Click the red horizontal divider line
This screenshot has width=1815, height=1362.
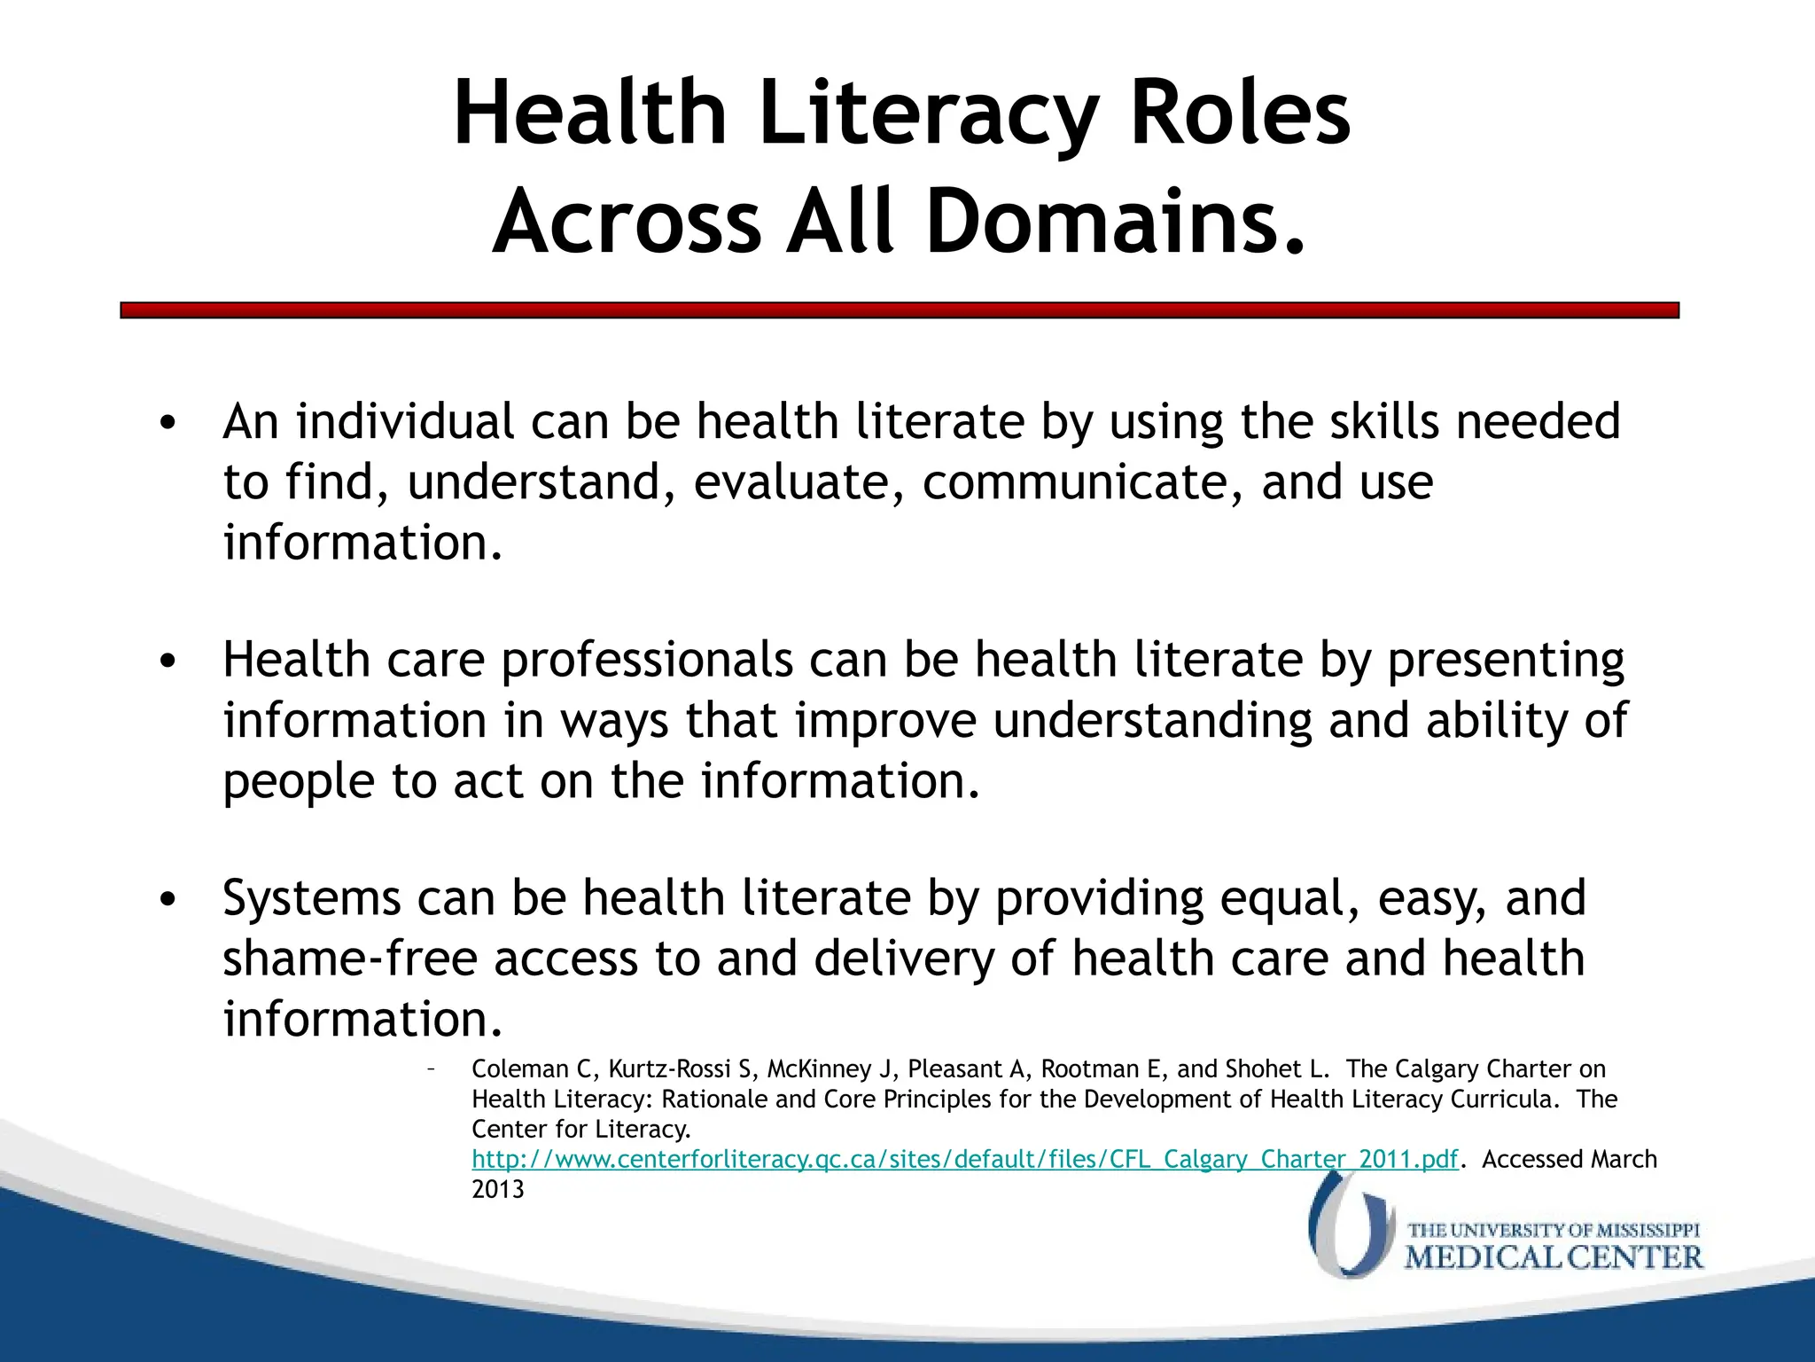(900, 310)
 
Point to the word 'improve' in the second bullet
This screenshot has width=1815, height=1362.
(885, 720)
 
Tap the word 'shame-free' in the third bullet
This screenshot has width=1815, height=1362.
(350, 959)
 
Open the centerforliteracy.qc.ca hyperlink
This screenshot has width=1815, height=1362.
(964, 1160)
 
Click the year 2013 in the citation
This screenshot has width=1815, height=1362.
(498, 1190)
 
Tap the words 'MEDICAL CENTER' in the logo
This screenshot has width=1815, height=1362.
(1554, 1257)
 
